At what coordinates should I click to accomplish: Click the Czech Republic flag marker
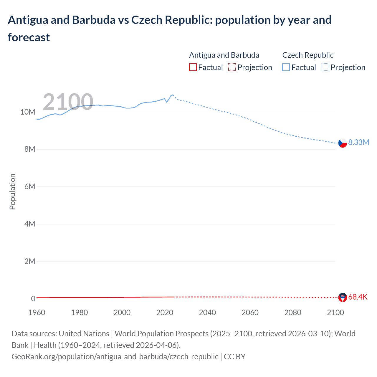point(343,143)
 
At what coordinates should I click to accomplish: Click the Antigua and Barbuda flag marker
point(343,297)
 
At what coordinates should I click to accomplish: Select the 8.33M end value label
point(358,142)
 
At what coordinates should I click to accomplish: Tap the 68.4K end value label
point(358,297)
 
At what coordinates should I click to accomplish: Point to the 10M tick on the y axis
point(28,112)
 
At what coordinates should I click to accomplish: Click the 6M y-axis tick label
point(30,186)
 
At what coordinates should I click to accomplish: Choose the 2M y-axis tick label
point(30,261)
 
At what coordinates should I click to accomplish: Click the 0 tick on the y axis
point(33,299)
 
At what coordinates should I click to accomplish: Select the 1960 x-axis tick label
point(37,312)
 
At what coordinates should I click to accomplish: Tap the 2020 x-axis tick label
point(165,312)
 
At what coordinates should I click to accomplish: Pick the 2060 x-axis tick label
point(250,312)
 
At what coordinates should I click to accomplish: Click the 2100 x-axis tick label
point(335,312)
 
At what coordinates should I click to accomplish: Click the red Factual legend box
point(193,67)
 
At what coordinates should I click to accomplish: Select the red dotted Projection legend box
point(232,67)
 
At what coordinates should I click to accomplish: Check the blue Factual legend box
point(286,67)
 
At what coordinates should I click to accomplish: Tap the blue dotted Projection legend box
point(325,67)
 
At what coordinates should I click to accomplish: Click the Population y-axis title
point(12,191)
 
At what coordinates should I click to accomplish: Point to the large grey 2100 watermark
point(68,102)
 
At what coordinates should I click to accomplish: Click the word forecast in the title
point(29,37)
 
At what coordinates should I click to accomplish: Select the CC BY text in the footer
point(234,356)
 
